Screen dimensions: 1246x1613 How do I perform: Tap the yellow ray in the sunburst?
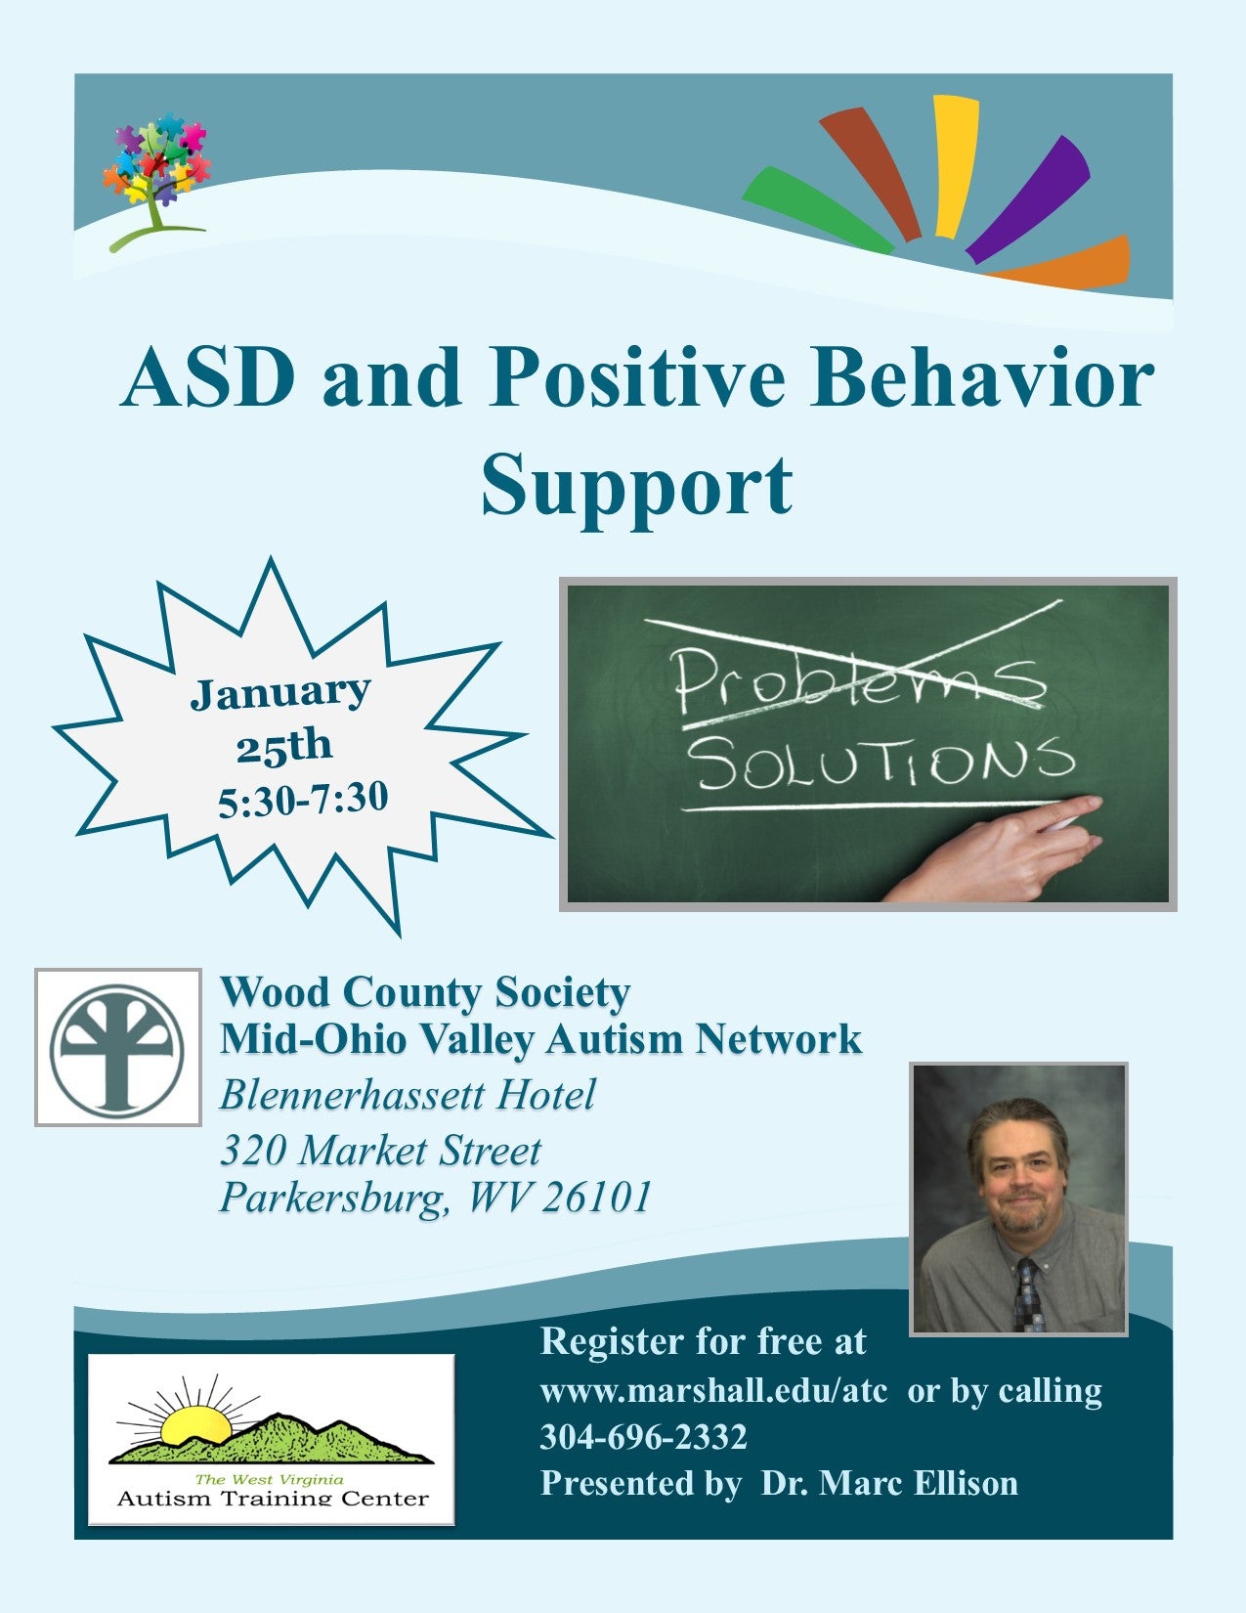tap(955, 166)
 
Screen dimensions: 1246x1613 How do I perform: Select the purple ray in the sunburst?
tap(1028, 199)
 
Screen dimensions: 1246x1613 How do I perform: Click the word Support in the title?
tap(637, 487)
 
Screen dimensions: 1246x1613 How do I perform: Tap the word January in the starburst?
tap(279, 692)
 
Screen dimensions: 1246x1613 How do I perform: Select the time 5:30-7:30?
tap(303, 800)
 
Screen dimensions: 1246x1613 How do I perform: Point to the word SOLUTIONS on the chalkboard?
tap(883, 763)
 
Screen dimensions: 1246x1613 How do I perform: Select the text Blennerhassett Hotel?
tap(408, 1094)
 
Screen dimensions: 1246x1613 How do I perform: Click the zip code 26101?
tap(596, 1197)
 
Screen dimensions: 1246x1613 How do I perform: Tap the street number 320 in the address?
tap(253, 1151)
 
